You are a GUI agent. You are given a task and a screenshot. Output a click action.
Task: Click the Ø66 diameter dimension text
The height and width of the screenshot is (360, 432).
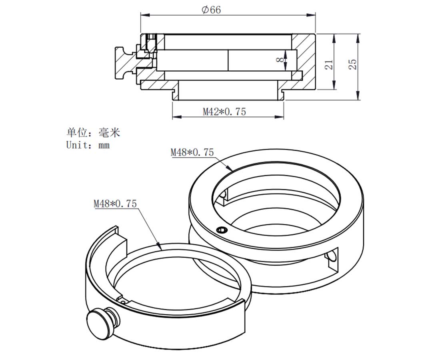pyautogui.click(x=211, y=10)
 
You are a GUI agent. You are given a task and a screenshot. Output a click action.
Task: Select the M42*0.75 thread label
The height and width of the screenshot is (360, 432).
pyautogui.click(x=224, y=112)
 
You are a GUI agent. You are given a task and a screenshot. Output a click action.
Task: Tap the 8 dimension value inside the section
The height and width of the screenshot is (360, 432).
pyautogui.click(x=281, y=59)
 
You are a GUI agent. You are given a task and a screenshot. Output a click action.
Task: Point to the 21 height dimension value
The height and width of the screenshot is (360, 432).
pyautogui.click(x=329, y=64)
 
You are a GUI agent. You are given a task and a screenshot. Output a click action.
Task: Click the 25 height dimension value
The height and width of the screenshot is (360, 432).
pyautogui.click(x=352, y=64)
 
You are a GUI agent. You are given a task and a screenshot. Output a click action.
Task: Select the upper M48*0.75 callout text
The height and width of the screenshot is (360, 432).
pyautogui.click(x=192, y=152)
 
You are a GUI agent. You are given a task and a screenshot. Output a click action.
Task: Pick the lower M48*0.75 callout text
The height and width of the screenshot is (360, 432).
pyautogui.click(x=115, y=204)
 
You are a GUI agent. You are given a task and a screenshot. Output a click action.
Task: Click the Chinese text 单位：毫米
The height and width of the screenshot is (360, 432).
pyautogui.click(x=93, y=132)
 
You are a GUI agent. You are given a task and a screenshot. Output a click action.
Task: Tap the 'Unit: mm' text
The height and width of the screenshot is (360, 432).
pyautogui.click(x=88, y=145)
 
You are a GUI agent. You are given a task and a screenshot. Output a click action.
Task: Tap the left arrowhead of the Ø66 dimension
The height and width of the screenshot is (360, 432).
pyautogui.click(x=143, y=16)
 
